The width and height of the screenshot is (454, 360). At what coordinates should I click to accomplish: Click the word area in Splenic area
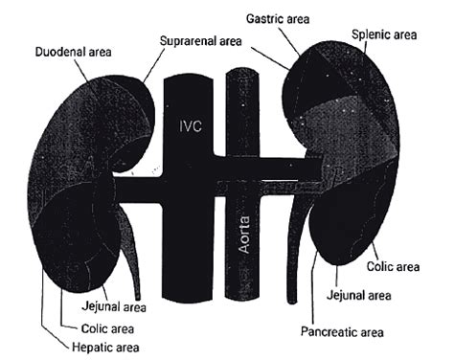click(403, 34)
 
